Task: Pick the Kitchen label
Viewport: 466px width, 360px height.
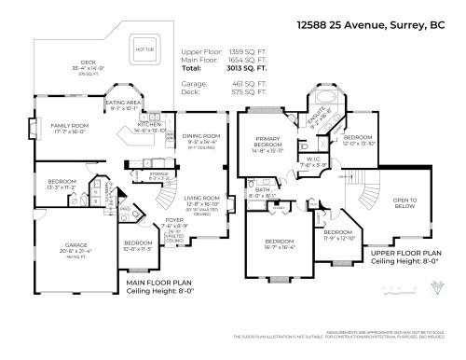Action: click(150, 123)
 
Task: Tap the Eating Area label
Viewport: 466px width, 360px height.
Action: click(123, 104)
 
